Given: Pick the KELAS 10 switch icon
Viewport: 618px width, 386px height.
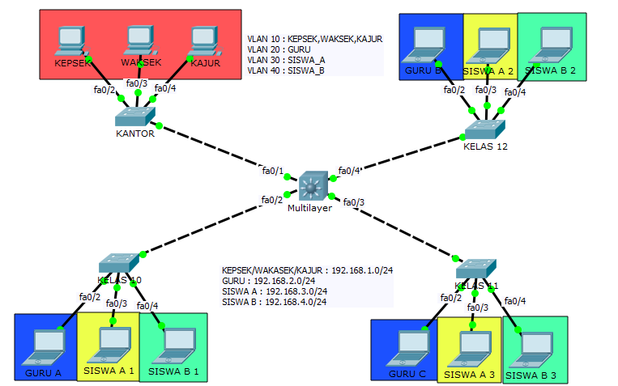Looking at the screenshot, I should (119, 264).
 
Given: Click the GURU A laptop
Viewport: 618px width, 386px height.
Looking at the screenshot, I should (42, 346).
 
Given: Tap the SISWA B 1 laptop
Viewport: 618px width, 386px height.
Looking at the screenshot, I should (174, 346).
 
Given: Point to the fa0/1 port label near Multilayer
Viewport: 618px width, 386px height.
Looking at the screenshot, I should (272, 172).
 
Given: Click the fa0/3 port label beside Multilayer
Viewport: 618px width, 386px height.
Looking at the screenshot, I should (354, 201).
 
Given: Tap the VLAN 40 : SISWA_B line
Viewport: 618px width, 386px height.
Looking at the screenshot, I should (286, 70).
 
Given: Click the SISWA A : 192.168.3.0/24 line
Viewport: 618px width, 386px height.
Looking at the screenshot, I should (275, 291).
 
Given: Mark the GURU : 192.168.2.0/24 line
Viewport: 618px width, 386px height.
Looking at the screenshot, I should (269, 280).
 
